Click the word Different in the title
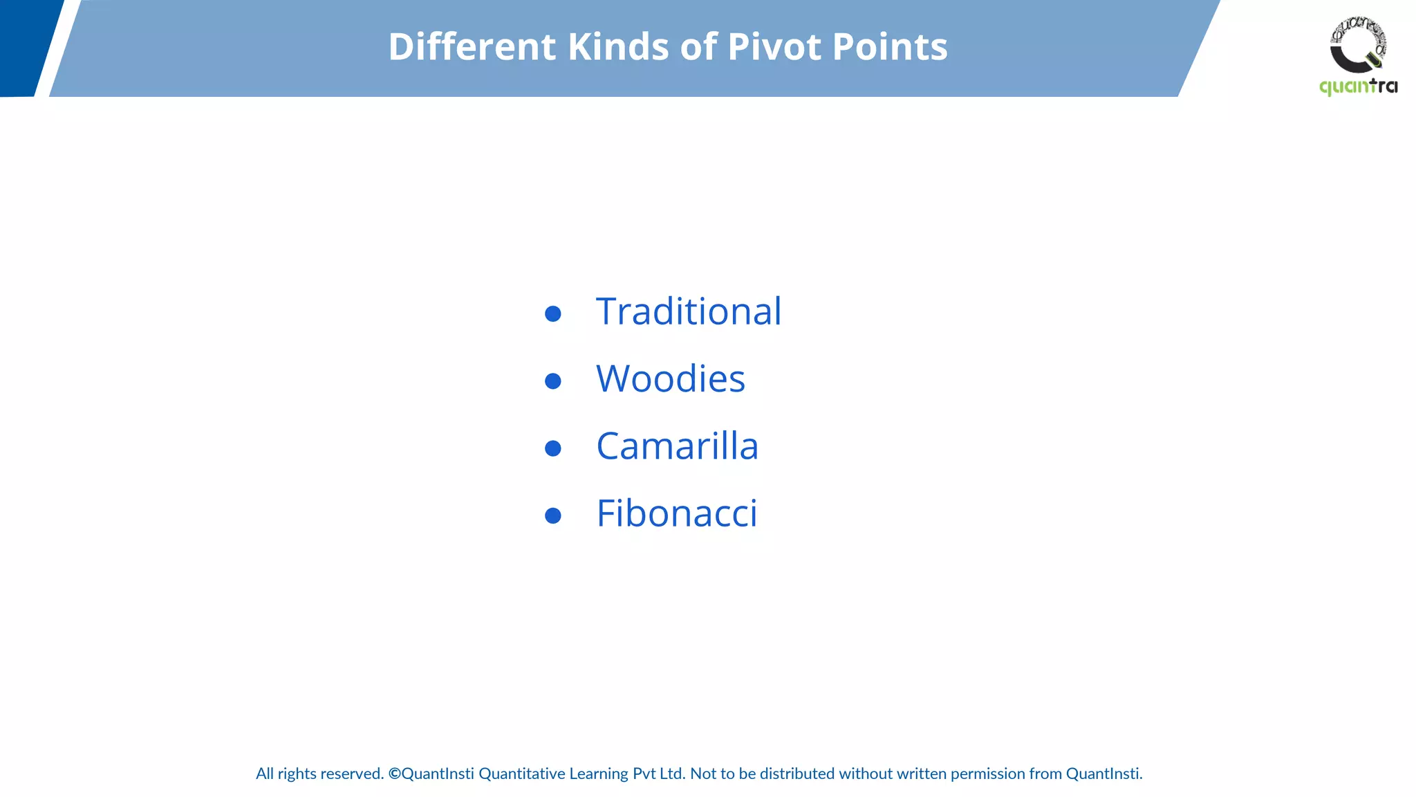click(472, 47)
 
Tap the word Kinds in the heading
click(618, 47)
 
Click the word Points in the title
click(890, 47)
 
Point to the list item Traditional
click(689, 311)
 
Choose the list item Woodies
click(670, 378)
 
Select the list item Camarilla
click(677, 446)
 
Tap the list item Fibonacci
click(676, 513)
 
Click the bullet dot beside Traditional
click(552, 314)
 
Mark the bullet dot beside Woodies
click(552, 381)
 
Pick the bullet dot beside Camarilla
click(552, 448)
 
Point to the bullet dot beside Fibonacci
click(552, 515)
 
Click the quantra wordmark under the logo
click(1358, 86)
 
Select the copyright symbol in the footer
click(394, 773)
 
